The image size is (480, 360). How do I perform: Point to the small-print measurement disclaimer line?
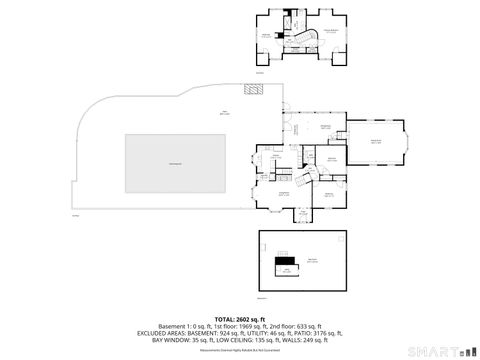click(240, 350)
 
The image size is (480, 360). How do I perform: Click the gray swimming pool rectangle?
click(174, 163)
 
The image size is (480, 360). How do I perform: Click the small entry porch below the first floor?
click(301, 212)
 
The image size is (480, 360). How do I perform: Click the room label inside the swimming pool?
click(174, 163)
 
